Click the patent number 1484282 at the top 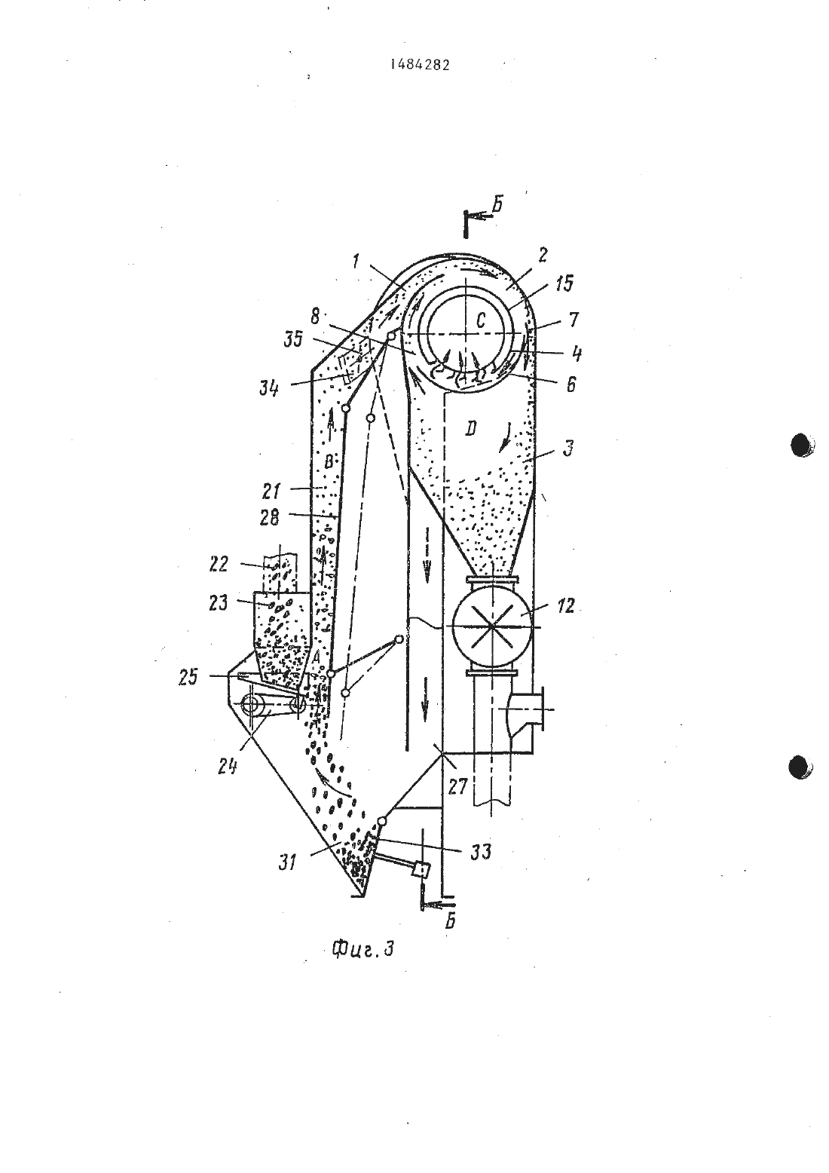point(420,64)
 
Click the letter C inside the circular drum point(482,323)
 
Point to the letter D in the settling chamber point(470,430)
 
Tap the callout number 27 point(457,786)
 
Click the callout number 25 point(188,677)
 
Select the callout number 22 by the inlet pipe point(219,564)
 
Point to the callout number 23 point(218,603)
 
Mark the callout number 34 point(270,388)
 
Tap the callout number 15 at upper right point(563,283)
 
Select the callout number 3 point(568,448)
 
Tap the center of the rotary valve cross point(492,626)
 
